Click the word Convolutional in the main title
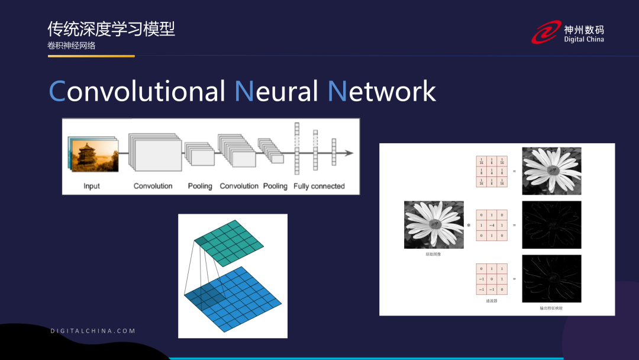pyautogui.click(x=137, y=91)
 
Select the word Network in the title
pyautogui.click(x=382, y=91)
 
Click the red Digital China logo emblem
pyautogui.click(x=546, y=33)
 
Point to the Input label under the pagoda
pyautogui.click(x=92, y=186)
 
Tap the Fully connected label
pyautogui.click(x=319, y=186)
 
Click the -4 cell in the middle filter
pyautogui.click(x=492, y=225)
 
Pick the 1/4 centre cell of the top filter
pyautogui.click(x=492, y=172)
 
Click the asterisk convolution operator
pyautogui.click(x=469, y=226)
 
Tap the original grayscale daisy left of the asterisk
pyautogui.click(x=434, y=225)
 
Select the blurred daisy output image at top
pyautogui.click(x=551, y=171)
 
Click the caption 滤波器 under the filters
pyautogui.click(x=492, y=301)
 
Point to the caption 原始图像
pyautogui.click(x=434, y=254)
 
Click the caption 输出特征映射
pyautogui.click(x=551, y=308)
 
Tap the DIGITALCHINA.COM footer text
pyautogui.click(x=93, y=331)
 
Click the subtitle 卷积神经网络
pyautogui.click(x=72, y=46)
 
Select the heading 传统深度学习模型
pyautogui.click(x=111, y=29)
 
